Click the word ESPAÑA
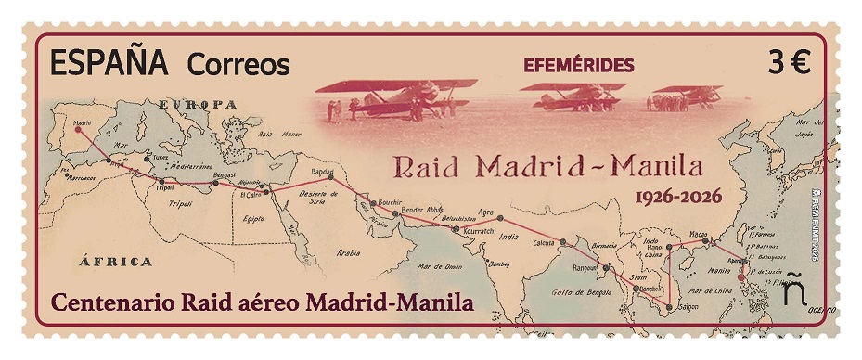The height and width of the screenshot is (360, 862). (108, 63)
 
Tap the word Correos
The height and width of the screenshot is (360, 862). (238, 65)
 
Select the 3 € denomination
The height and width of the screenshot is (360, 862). (789, 63)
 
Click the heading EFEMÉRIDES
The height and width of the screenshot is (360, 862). (579, 65)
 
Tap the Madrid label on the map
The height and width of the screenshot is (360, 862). (82, 121)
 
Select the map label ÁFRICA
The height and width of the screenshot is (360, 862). (116, 261)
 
